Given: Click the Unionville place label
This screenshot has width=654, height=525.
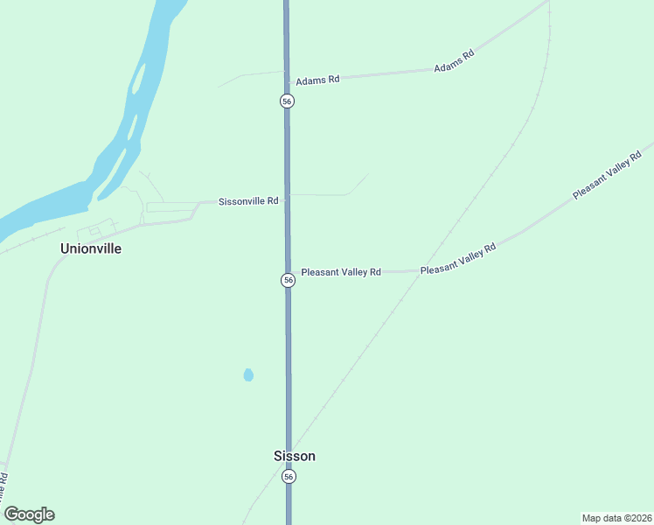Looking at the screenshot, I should click(x=90, y=248).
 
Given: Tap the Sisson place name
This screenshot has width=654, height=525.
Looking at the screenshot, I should click(x=295, y=456).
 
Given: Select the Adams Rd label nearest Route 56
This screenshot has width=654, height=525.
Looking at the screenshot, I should click(x=317, y=80).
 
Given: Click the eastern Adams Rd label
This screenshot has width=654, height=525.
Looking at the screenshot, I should click(x=454, y=60).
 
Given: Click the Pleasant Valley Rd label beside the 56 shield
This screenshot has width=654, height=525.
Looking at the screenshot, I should click(x=341, y=272).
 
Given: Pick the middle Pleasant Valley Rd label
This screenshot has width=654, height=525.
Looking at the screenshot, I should click(x=457, y=259).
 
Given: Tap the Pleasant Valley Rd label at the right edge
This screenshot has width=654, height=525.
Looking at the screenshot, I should click(x=607, y=175).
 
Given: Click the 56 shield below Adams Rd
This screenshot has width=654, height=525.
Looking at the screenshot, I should click(x=287, y=101).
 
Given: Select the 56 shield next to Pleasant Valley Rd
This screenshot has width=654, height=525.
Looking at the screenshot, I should click(x=288, y=280).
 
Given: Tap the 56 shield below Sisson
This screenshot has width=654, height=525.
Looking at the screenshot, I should click(x=289, y=477).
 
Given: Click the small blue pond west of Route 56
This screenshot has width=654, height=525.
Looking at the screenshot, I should click(x=248, y=375).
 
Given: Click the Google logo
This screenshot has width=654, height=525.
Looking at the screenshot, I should click(x=30, y=514).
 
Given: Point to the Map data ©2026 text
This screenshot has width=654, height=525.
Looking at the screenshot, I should click(x=616, y=518).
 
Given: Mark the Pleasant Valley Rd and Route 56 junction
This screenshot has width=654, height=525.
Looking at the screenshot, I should click(x=288, y=272).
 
